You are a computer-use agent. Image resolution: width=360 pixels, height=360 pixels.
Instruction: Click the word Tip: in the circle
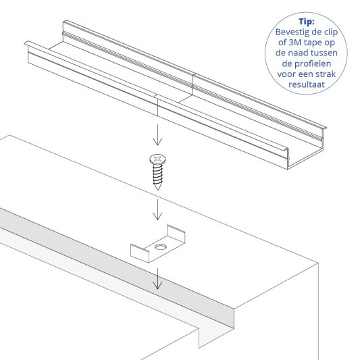(307, 22)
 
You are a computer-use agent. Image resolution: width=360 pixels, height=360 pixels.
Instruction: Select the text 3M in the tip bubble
(294, 43)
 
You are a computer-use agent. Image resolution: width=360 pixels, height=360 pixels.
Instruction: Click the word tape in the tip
(311, 43)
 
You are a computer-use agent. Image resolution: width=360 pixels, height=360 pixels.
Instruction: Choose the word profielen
(313, 63)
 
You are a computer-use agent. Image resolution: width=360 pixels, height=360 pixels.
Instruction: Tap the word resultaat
(307, 84)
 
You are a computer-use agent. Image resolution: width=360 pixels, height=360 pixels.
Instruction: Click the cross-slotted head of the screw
(157, 159)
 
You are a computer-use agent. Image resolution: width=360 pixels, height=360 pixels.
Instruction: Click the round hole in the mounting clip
(161, 247)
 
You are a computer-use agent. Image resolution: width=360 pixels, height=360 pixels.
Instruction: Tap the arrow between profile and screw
(157, 135)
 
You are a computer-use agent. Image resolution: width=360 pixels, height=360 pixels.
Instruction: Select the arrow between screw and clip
(157, 209)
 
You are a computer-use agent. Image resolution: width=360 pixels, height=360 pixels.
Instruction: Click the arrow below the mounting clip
(157, 279)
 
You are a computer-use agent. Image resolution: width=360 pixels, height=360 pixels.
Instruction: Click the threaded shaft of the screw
(157, 174)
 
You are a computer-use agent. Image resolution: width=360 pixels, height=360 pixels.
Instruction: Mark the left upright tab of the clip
(140, 253)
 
